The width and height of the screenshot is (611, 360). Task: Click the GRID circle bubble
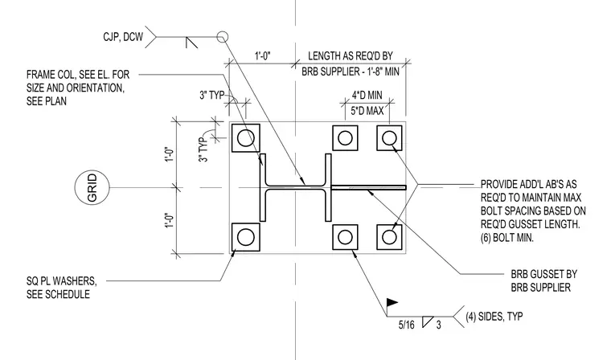pyautogui.click(x=76, y=187)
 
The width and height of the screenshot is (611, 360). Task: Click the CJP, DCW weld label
pyautogui.click(x=123, y=37)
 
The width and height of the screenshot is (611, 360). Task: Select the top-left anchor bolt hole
pyautogui.click(x=245, y=138)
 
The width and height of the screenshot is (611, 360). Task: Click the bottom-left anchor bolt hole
pyautogui.click(x=245, y=237)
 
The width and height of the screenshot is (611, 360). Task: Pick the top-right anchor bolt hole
pyautogui.click(x=389, y=138)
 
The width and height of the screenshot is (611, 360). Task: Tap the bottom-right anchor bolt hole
pyautogui.click(x=389, y=237)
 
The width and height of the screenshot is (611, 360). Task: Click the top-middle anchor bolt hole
pyautogui.click(x=345, y=138)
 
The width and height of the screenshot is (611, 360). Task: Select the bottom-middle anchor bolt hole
pyautogui.click(x=345, y=237)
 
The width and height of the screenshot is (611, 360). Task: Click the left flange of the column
pyautogui.click(x=263, y=187)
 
